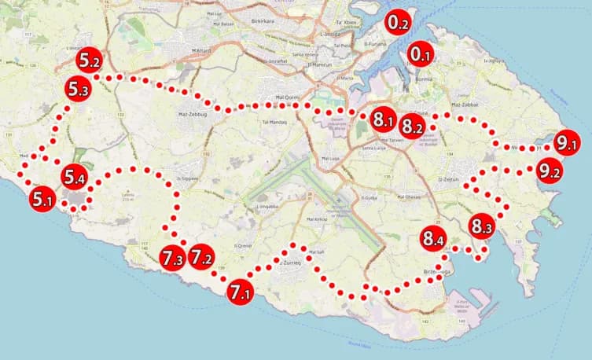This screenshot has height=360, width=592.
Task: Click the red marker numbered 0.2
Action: pyautogui.click(x=398, y=23)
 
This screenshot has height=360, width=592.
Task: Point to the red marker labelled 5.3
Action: pyautogui.click(x=78, y=90)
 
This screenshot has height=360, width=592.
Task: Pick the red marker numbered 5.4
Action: pyautogui.click(x=75, y=178)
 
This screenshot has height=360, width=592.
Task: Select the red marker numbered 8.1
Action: pyautogui.click(x=383, y=119)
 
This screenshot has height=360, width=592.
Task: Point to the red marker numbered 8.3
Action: pyautogui.click(x=482, y=226)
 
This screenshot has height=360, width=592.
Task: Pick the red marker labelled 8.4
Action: pyautogui.click(x=432, y=237)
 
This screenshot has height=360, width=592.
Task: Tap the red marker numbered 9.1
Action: pyautogui.click(x=566, y=143)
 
